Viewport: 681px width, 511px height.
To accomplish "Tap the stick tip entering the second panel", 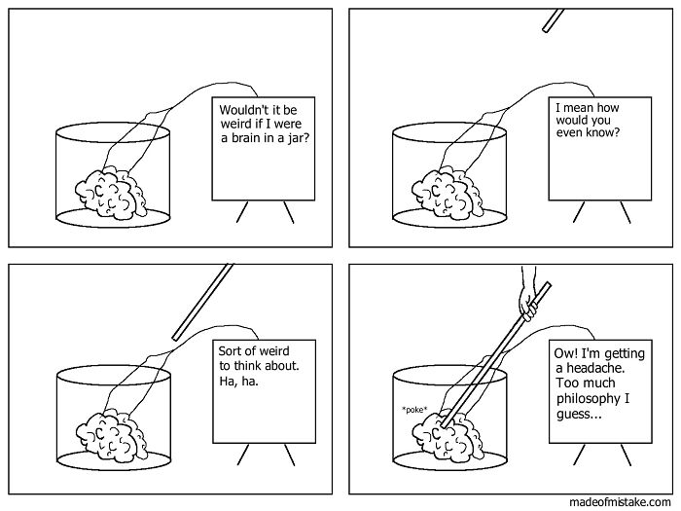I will pos(553,20).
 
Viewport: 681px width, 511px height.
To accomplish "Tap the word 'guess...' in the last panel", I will pos(579,414).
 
